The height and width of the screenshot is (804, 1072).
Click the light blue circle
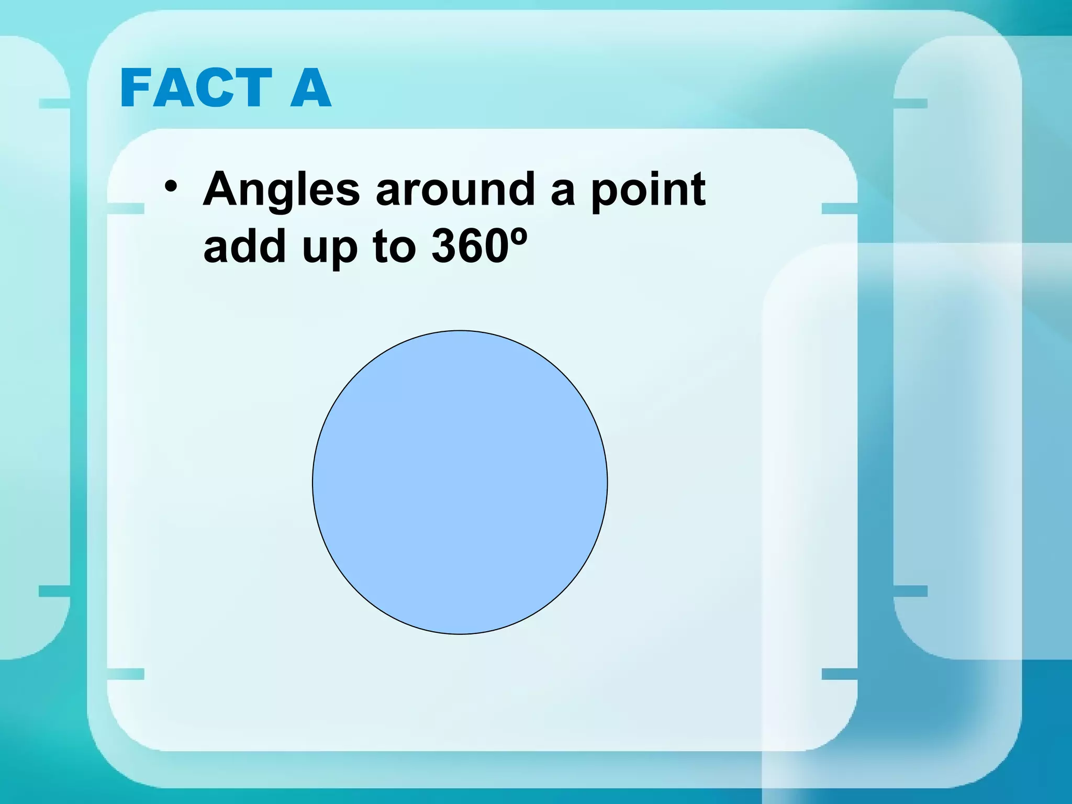point(460,482)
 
